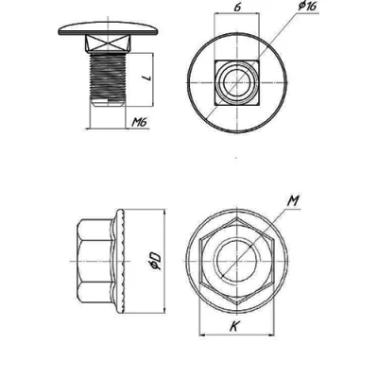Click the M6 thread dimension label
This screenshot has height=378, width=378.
click(139, 122)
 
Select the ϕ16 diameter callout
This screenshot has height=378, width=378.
click(307, 6)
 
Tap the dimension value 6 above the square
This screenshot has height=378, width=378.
click(238, 8)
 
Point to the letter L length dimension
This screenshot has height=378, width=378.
click(147, 77)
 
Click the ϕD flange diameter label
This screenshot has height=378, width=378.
click(156, 261)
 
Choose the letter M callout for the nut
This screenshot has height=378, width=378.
click(293, 201)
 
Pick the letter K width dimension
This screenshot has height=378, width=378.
click(233, 326)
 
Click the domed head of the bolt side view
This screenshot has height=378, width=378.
click(108, 29)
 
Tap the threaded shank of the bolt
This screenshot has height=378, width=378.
click(108, 76)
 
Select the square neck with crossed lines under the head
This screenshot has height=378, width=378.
click(108, 43)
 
